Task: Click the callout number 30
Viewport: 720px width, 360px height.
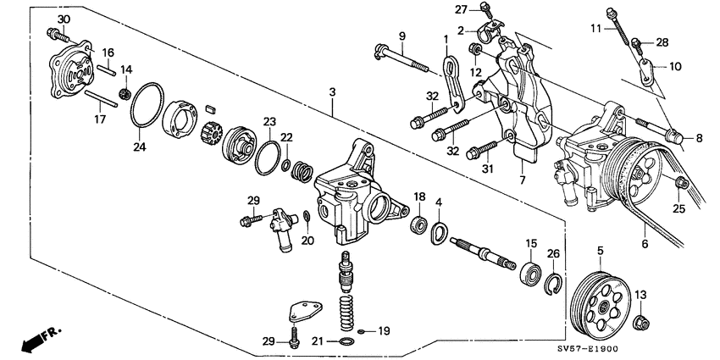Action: (x=64, y=19)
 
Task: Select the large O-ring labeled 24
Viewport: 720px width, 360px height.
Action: (x=148, y=107)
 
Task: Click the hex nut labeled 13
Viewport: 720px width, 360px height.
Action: (x=640, y=321)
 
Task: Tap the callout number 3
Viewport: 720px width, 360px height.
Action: (x=334, y=91)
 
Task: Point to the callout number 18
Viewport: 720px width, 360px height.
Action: (x=419, y=197)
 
